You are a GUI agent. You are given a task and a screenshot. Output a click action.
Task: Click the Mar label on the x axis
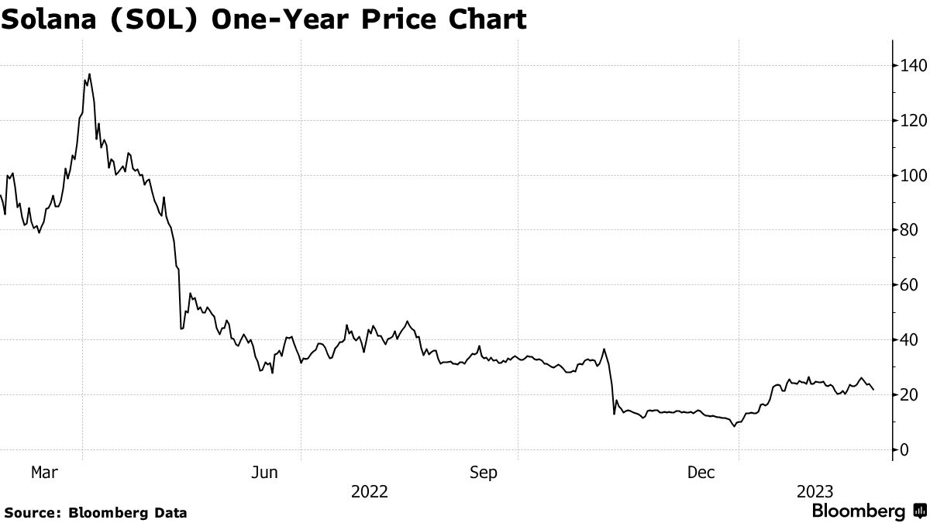(x=44, y=472)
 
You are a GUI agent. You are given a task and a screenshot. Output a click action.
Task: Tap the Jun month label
(x=264, y=472)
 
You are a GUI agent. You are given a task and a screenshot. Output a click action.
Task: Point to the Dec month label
(x=701, y=472)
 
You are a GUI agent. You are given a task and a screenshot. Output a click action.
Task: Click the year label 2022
(x=370, y=491)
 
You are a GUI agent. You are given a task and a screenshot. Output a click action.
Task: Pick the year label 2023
(x=815, y=491)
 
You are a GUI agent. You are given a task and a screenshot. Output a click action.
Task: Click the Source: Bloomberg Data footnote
(x=95, y=512)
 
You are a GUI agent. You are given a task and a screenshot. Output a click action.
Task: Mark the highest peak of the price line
(x=90, y=74)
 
